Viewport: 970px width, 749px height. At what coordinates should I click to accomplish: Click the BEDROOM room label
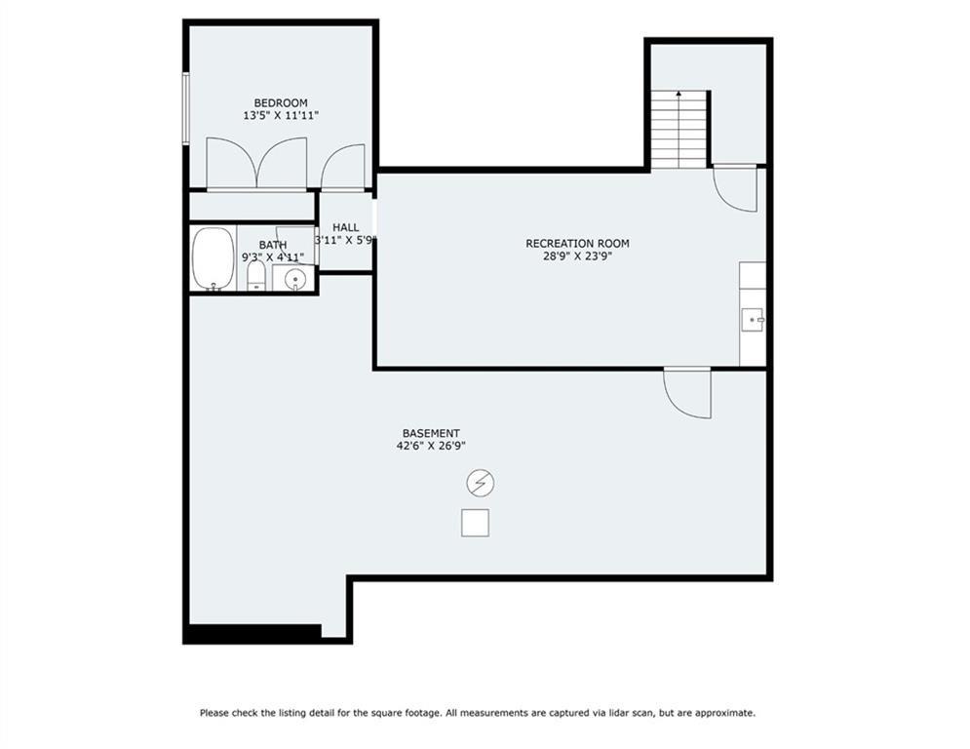(x=280, y=102)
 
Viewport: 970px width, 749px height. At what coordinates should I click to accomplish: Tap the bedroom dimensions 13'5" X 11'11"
(x=280, y=115)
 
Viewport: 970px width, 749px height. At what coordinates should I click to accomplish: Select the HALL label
(x=345, y=228)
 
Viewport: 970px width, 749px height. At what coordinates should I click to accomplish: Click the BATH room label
(x=273, y=245)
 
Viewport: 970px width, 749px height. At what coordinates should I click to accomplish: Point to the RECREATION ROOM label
(x=577, y=243)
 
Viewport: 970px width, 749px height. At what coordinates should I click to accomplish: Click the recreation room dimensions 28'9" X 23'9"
(x=577, y=256)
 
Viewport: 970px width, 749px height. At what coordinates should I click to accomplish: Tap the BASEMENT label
(x=431, y=433)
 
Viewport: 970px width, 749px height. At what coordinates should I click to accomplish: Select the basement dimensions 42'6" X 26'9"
(x=431, y=446)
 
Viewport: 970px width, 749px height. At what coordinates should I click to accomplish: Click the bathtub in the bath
(x=213, y=258)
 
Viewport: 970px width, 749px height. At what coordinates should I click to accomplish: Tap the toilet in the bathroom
(x=255, y=275)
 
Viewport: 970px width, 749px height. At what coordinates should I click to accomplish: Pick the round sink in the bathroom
(x=295, y=281)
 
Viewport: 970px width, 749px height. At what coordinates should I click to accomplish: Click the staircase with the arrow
(x=679, y=130)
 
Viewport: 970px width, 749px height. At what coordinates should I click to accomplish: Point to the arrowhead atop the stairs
(x=679, y=94)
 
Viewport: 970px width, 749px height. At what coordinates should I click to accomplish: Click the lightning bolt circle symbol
(x=480, y=483)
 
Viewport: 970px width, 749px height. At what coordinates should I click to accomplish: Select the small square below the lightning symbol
(x=475, y=523)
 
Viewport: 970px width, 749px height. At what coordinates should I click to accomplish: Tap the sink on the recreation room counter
(x=753, y=320)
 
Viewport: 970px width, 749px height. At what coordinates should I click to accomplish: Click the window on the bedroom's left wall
(x=185, y=109)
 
